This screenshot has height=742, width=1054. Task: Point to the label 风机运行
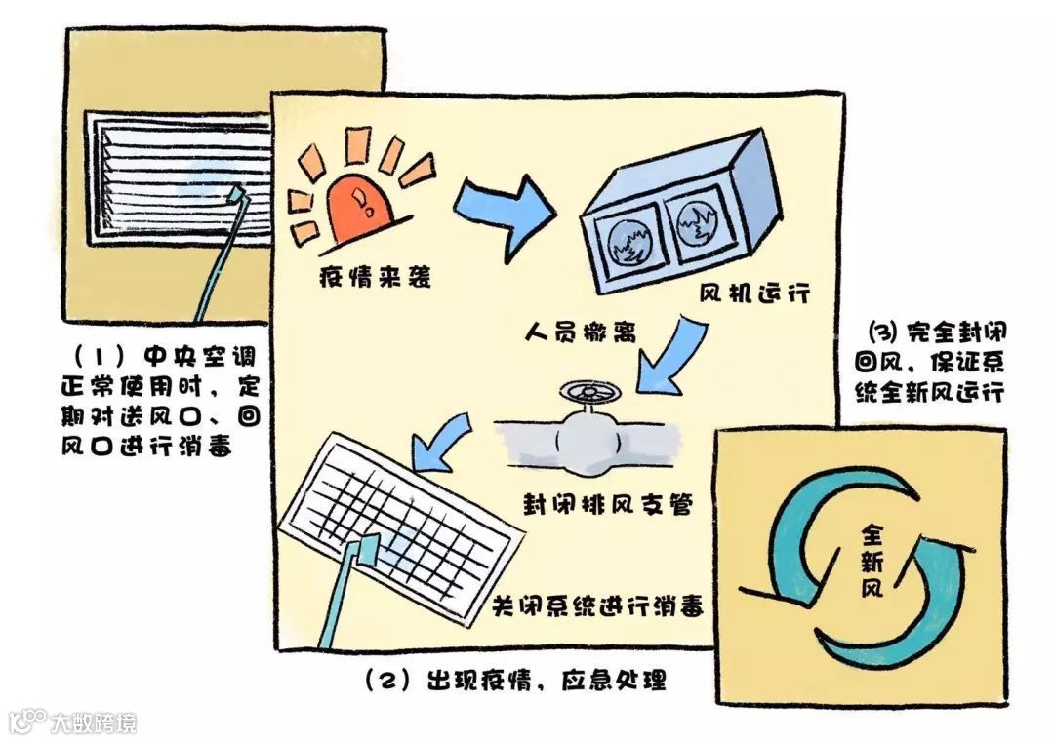pyautogui.click(x=754, y=293)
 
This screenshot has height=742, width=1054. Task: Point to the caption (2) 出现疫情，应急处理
pyautogui.click(x=514, y=680)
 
